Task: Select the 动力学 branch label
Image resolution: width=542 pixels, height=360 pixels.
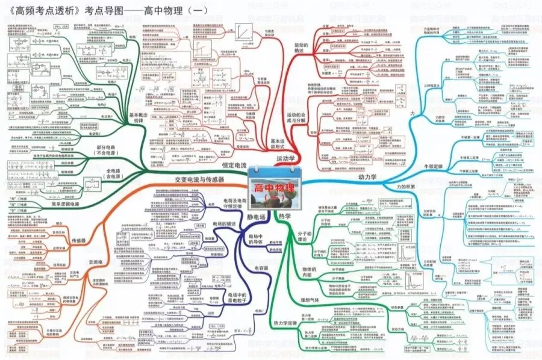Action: coord(371,177)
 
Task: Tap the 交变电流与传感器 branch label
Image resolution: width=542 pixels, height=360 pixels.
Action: coord(199,179)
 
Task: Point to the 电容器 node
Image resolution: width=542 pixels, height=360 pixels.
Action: coord(261,267)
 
